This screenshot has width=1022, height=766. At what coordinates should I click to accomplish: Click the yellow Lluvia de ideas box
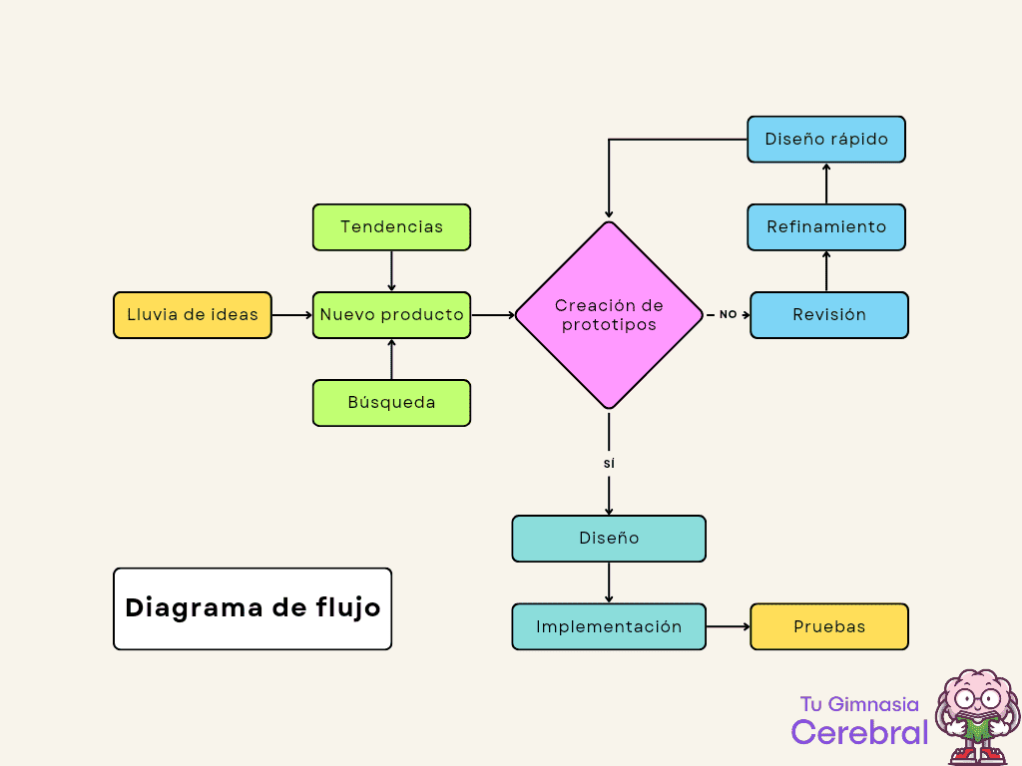pos(193,315)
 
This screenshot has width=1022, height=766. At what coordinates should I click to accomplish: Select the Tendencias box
pos(391,227)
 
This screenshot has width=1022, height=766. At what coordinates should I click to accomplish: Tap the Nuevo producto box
pos(391,315)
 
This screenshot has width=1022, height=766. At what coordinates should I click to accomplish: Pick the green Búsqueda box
pos(391,403)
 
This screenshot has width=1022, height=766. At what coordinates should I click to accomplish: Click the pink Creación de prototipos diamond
pos(609,315)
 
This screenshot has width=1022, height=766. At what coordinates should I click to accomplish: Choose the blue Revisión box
pos(829,315)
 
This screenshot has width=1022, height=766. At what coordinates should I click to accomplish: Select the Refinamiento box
pos(826,227)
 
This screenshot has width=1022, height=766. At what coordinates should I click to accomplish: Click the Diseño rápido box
pos(826,140)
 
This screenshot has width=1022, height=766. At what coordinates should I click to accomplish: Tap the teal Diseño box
pos(609,539)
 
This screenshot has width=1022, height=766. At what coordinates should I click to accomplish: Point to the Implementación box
pos(609,626)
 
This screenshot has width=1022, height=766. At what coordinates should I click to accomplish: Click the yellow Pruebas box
pos(829,626)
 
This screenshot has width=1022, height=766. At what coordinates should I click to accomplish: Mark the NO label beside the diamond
pos(728,315)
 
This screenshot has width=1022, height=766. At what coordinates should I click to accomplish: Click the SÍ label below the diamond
pos(609,464)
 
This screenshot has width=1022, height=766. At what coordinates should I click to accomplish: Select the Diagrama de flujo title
pos(253,608)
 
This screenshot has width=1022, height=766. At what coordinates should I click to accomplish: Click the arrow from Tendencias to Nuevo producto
pos(391,270)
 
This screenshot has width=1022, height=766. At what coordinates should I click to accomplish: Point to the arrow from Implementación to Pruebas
pos(728,626)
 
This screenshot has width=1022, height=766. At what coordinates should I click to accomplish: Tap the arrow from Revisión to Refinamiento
pos(826,271)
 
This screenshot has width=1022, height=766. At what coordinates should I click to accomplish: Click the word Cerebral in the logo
pos(859,732)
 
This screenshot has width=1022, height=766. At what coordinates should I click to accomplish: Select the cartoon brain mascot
pos(976,716)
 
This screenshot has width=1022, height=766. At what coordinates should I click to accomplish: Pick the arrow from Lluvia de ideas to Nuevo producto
pos(291,315)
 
